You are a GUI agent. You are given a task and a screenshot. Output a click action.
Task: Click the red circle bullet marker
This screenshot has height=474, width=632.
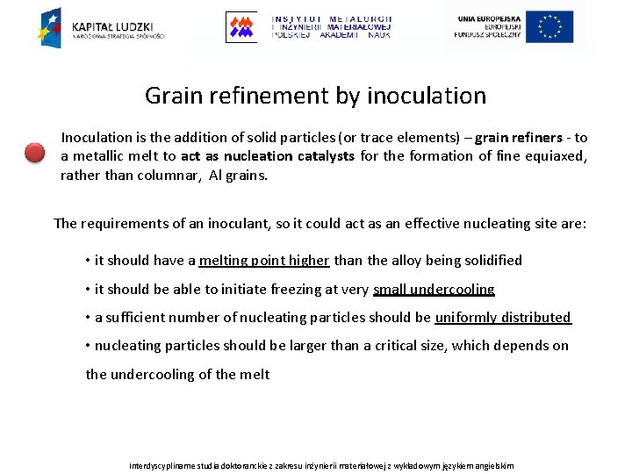pos(34,153)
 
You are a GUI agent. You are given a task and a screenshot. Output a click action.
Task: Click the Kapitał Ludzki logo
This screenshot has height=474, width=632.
pos(100,27)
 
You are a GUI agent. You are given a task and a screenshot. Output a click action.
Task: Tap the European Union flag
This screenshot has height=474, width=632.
pos(550,27)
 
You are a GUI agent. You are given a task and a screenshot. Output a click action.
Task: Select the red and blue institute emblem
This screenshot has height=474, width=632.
pos(241,27)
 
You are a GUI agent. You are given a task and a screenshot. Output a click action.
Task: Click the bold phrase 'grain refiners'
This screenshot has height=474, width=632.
pos(519,138)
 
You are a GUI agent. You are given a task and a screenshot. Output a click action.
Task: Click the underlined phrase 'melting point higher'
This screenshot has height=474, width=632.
pos(264,260)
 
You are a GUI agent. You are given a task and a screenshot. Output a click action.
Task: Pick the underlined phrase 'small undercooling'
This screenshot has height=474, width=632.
pos(434,289)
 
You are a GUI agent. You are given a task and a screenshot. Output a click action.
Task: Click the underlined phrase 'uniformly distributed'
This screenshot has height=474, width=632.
pos(502,317)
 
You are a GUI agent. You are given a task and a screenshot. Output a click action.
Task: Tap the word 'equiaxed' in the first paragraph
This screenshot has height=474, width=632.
pos(557,156)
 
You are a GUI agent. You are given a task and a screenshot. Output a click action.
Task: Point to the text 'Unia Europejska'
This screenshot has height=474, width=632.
pos(488,18)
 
